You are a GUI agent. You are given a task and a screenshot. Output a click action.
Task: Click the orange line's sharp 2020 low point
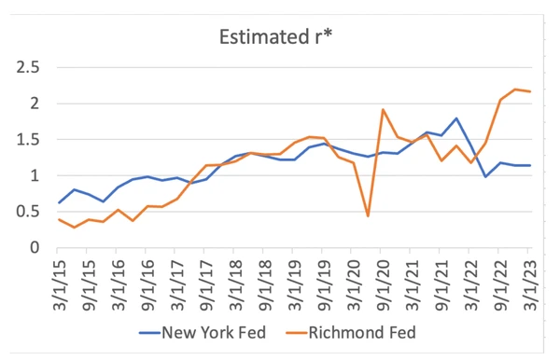pyautogui.click(x=368, y=216)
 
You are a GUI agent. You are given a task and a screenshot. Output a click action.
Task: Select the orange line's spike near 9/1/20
pyautogui.click(x=383, y=110)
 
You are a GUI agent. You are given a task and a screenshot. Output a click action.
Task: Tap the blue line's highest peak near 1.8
pyautogui.click(x=456, y=118)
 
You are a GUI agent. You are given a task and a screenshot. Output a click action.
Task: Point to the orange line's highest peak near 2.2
pyautogui.click(x=515, y=90)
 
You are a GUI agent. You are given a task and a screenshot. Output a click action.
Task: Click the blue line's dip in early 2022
pyautogui.click(x=485, y=176)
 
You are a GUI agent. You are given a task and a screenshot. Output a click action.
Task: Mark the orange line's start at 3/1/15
pyautogui.click(x=58, y=219)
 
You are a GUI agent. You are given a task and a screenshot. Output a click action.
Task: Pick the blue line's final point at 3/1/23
pyautogui.click(x=530, y=165)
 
